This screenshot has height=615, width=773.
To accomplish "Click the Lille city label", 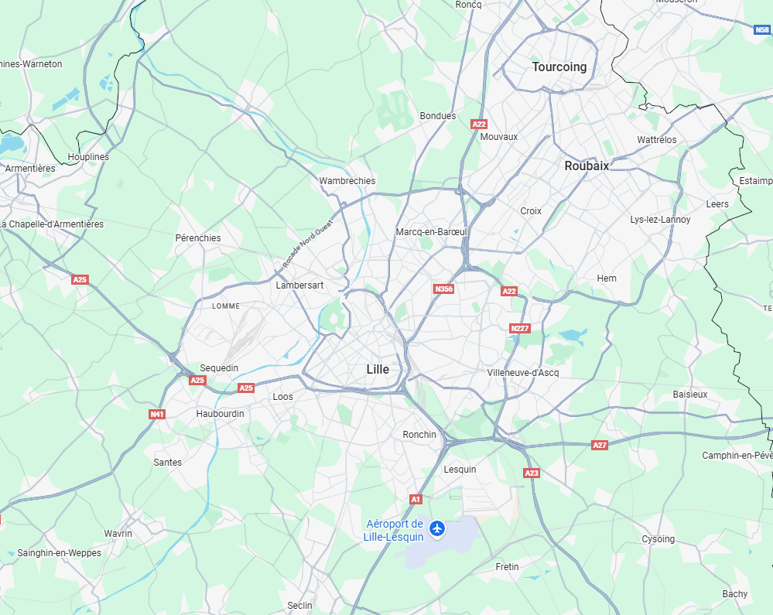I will click(x=378, y=370).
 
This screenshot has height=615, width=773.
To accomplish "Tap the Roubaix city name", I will click(x=587, y=166).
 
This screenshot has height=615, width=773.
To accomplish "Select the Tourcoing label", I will click(x=559, y=67).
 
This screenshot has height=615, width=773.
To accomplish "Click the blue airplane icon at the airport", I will click(x=438, y=529).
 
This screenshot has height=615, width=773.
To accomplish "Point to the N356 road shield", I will click(x=443, y=289).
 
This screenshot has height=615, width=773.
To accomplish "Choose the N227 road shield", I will click(x=520, y=329).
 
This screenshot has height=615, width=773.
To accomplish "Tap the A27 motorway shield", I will click(x=600, y=446).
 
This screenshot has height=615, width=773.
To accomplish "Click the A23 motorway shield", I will click(x=531, y=473).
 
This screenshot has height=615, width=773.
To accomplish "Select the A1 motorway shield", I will click(x=416, y=499).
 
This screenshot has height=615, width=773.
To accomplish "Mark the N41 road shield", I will click(x=157, y=415).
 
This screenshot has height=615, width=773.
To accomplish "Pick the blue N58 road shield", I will click(x=761, y=29).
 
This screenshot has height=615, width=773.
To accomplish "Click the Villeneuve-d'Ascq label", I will click(x=523, y=373).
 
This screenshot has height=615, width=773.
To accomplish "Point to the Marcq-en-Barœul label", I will click(x=431, y=232).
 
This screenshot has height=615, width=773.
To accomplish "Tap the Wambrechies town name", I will click(x=347, y=181).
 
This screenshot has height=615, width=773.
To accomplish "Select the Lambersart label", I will click(x=299, y=285).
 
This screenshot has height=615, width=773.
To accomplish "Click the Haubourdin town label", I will click(x=220, y=414).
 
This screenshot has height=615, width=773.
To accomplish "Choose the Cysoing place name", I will click(x=658, y=539).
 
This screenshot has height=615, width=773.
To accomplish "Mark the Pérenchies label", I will click(x=198, y=238).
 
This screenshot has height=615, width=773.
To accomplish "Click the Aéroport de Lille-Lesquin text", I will click(x=395, y=531).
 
